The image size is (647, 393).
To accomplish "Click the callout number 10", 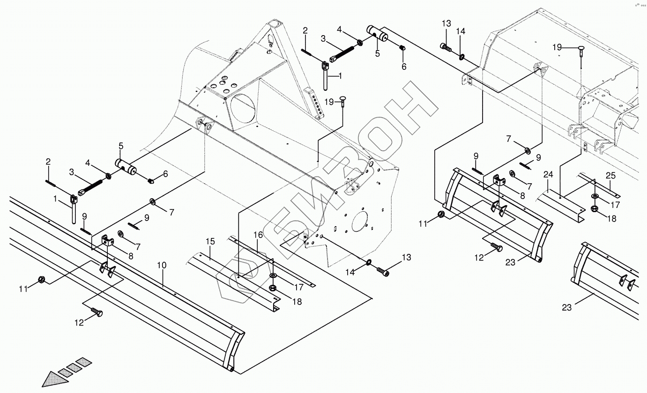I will coord(162,265).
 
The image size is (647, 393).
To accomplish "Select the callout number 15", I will coord(210,242).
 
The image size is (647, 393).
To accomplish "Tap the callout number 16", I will coord(259,235).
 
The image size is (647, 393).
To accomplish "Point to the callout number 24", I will coord(549,175).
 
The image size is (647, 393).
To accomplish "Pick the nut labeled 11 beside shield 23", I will coord(441,215).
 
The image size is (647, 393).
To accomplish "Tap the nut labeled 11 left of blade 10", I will coord(41,280).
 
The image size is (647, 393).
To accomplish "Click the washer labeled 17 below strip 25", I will coord(595,195).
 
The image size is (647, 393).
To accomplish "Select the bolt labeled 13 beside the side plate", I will coord(383,271).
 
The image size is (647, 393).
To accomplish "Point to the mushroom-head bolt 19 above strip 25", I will coord(580,49).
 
